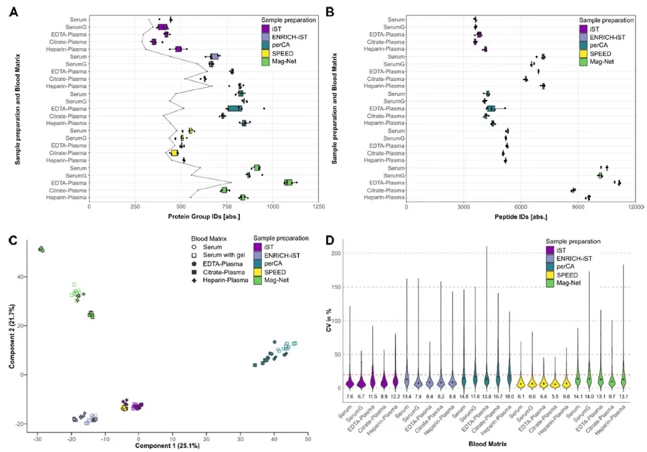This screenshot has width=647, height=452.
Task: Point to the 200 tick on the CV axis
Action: pos(351,253)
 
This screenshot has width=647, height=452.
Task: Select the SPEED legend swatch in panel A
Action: pos(266,53)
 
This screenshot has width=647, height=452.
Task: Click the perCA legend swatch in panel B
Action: pos(584,45)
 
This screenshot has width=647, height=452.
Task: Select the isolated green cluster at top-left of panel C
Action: pos(41,249)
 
